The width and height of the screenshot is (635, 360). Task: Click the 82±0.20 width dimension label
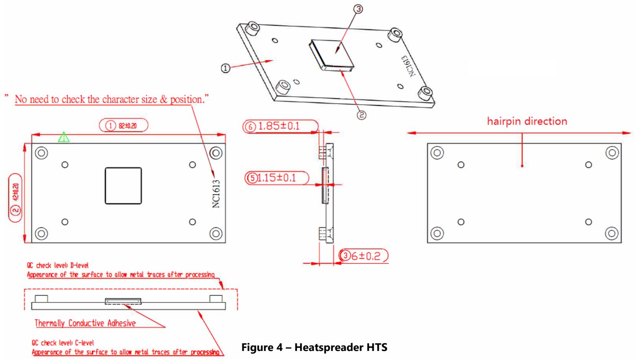click(123, 126)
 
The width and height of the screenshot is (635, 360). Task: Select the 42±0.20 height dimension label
click(15, 198)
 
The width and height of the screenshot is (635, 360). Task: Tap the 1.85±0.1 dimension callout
click(280, 126)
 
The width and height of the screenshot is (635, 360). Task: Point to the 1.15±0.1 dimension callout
click(277, 178)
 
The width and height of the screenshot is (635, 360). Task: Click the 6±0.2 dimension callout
click(364, 256)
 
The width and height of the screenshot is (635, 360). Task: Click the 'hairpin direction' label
click(527, 121)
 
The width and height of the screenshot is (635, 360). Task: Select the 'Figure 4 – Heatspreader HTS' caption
click(314, 347)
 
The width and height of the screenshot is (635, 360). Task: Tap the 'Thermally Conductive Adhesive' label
click(85, 323)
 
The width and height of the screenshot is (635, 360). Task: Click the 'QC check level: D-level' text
click(57, 265)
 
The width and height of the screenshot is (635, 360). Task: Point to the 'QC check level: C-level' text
click(63, 343)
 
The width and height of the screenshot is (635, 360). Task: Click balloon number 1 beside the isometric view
click(225, 68)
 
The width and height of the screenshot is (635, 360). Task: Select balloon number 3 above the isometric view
click(358, 9)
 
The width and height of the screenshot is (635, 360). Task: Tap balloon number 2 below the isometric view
click(361, 115)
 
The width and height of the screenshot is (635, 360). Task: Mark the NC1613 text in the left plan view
click(216, 194)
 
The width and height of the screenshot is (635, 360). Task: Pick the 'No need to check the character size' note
click(112, 99)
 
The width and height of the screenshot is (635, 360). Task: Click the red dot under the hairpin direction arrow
click(522, 166)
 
